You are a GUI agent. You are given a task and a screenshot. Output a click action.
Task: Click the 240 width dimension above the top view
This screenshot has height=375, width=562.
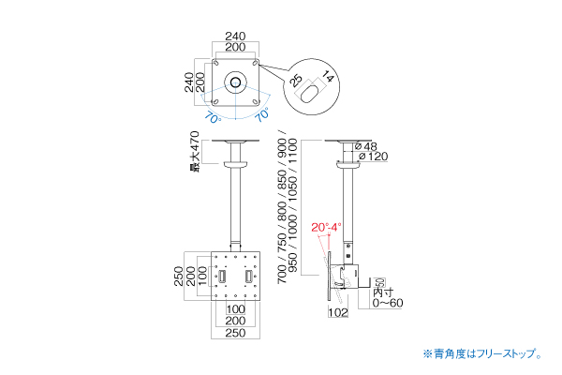click(234, 37)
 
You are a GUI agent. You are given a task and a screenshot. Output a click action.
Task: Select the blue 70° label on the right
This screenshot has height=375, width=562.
click(261, 117)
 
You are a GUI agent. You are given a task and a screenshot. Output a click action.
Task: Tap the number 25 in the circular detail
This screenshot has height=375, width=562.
click(298, 80)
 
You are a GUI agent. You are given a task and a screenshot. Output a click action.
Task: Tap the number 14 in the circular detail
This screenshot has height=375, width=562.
click(327, 75)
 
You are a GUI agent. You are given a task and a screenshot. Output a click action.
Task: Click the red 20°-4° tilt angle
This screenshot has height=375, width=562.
click(327, 227)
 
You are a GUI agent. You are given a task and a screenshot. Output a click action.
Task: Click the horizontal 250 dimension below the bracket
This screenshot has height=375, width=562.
click(234, 331)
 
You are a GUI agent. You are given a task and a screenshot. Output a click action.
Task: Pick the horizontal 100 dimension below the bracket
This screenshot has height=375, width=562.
click(234, 308)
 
